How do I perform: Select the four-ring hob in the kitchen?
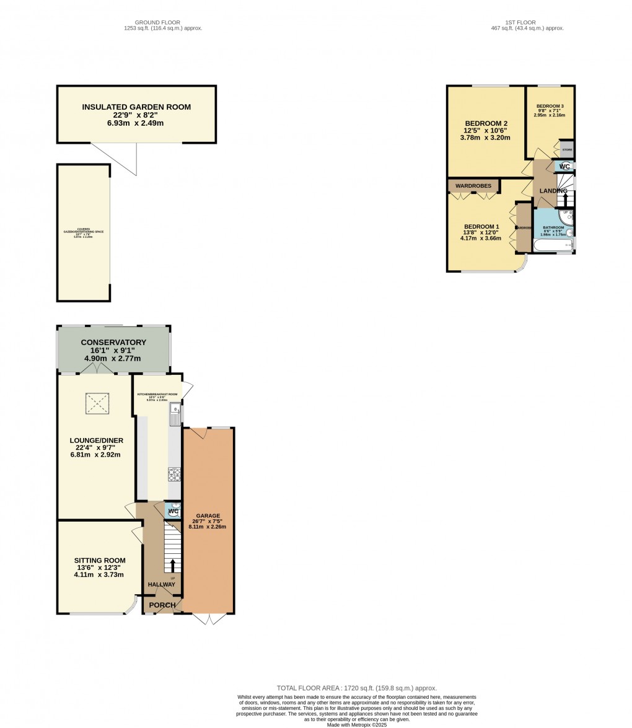point(174,475)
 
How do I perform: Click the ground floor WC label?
point(173,511)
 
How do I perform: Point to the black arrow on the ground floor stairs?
point(172,565)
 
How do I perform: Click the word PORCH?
point(162,605)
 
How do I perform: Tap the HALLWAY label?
point(161,584)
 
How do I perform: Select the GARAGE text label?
point(208,515)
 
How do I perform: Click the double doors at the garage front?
point(209,618)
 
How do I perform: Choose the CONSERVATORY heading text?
point(113,343)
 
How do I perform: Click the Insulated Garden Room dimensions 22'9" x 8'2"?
point(136,115)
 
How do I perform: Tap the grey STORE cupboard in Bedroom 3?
point(567,149)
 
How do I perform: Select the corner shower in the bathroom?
point(566,216)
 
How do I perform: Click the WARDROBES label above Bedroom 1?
point(473,186)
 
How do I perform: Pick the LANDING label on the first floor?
point(553,191)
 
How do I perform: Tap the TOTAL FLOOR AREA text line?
point(356,688)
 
